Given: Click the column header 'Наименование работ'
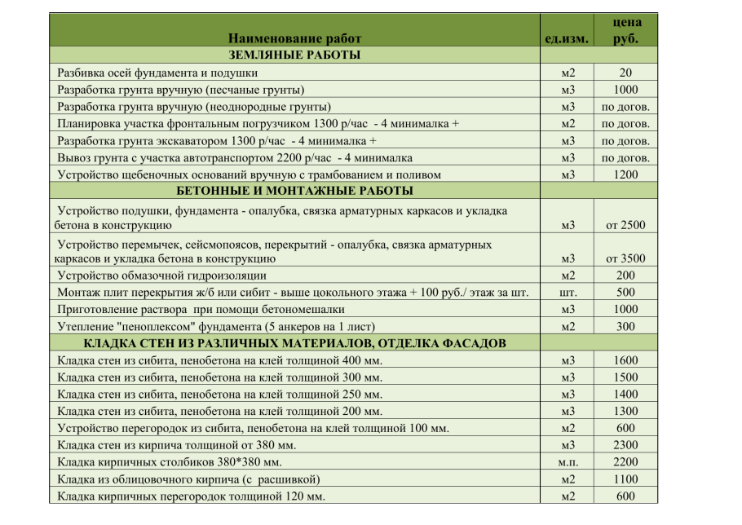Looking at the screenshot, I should point(294,38).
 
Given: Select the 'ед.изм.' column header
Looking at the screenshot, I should point(567,38).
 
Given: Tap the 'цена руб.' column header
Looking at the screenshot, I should point(625,30).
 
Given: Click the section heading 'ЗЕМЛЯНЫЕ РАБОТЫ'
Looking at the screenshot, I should point(294,55).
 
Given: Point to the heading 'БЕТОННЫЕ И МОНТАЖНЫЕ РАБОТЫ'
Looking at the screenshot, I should point(294,191).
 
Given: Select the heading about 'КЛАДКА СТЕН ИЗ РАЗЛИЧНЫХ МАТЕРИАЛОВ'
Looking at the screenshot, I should point(294,343).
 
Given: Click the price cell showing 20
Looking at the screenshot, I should point(625,73).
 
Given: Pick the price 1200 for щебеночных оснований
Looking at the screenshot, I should point(625,174).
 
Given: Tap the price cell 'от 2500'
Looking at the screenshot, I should point(625,225).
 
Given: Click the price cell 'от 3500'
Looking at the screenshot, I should point(625,259).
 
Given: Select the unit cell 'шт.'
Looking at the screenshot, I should point(568,293).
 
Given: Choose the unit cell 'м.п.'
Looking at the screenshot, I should point(568,462).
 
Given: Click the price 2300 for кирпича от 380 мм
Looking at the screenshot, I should point(625,445).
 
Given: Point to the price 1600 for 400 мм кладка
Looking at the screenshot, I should point(625,360).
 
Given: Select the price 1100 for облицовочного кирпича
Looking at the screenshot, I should point(625,479).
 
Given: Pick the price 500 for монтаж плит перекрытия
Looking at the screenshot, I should point(625,293).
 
